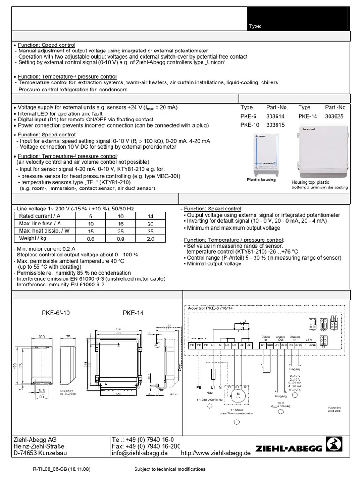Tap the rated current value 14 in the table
[x=150, y=216]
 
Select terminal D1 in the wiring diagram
[x=263, y=345]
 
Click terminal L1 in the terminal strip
[x=213, y=345]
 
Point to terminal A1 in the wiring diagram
[x=277, y=345]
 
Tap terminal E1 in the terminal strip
[x=291, y=345]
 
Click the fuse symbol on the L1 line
[x=213, y=374]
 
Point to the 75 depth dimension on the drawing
[x=68, y=337]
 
